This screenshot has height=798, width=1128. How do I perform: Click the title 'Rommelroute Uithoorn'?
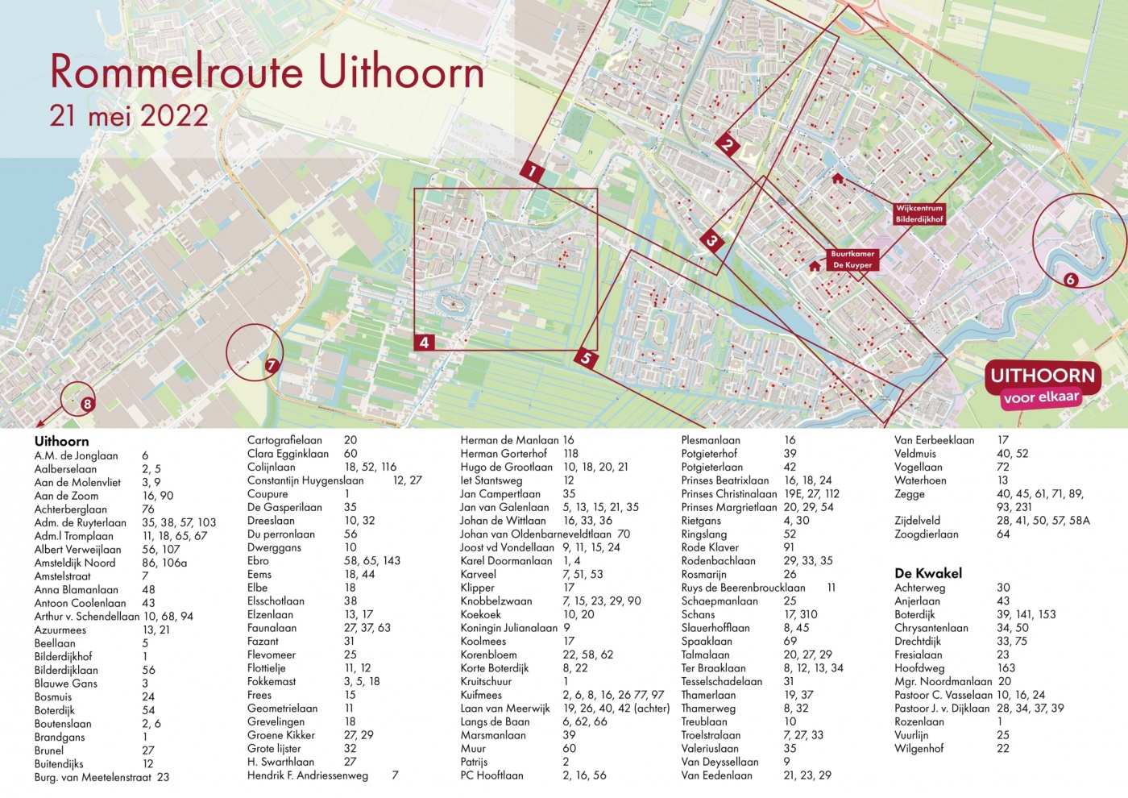click(x=267, y=72)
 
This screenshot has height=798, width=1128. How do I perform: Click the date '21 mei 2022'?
click(x=129, y=116)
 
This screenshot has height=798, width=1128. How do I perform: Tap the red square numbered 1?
click(x=532, y=171)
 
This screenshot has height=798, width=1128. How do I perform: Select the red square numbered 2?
click(x=728, y=145)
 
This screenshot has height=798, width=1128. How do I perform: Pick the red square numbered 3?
click(x=711, y=240)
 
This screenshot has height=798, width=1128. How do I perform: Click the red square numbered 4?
click(x=424, y=343)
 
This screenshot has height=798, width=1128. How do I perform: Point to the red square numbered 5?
click(x=586, y=359)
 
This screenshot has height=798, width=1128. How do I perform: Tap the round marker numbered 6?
click(x=1070, y=280)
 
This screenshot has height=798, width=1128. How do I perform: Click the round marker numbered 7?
click(x=272, y=365)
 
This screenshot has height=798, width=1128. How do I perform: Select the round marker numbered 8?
click(x=87, y=404)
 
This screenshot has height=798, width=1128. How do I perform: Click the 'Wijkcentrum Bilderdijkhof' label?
click(x=919, y=214)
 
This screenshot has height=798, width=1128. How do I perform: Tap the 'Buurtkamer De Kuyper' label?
click(x=852, y=260)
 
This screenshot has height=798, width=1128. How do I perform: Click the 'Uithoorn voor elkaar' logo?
click(x=1042, y=384)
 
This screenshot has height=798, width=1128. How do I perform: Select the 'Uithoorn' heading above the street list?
click(x=61, y=441)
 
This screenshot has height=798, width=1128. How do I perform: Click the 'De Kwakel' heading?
click(x=928, y=573)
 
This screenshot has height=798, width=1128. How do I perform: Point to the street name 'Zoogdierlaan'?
click(x=926, y=534)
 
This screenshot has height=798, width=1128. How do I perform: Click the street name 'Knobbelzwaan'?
click(x=496, y=601)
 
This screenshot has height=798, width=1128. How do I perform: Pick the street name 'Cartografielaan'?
click(x=284, y=440)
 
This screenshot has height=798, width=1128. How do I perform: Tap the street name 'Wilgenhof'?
click(x=919, y=749)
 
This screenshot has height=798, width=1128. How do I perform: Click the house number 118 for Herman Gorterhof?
click(x=570, y=454)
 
